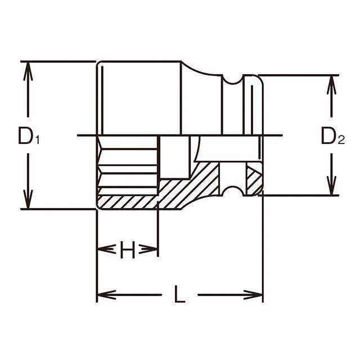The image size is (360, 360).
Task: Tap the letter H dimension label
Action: click(x=128, y=250)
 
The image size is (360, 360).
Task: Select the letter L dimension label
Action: click(x=179, y=294)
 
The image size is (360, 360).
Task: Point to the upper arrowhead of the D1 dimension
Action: click(x=28, y=71)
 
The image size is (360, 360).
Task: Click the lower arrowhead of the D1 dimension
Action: click(x=28, y=199)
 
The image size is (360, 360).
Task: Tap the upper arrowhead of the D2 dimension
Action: click(x=331, y=85)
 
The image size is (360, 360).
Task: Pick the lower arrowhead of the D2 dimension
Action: click(x=331, y=186)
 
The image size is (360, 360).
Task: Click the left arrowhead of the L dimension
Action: click(x=107, y=295)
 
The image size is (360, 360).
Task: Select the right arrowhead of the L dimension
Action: click(x=253, y=295)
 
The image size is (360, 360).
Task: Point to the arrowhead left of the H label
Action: click(x=106, y=249)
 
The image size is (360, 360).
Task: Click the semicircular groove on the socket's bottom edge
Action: click(x=233, y=191)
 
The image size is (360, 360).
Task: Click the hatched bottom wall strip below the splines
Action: click(x=128, y=202)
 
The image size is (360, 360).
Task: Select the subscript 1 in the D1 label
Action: click(x=37, y=140)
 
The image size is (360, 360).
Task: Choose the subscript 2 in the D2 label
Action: click(x=341, y=140)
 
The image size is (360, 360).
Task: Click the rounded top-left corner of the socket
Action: click(x=99, y=64)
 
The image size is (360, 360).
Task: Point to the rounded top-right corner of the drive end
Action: click(x=260, y=78)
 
